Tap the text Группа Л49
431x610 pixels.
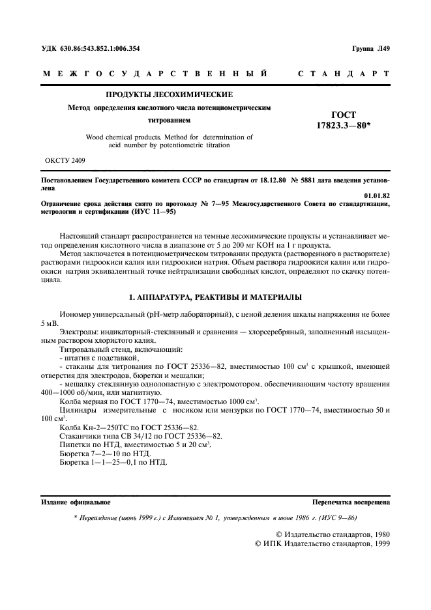point(370,48)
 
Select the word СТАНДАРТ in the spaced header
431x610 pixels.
point(344,74)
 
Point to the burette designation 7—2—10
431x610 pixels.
point(101,453)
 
